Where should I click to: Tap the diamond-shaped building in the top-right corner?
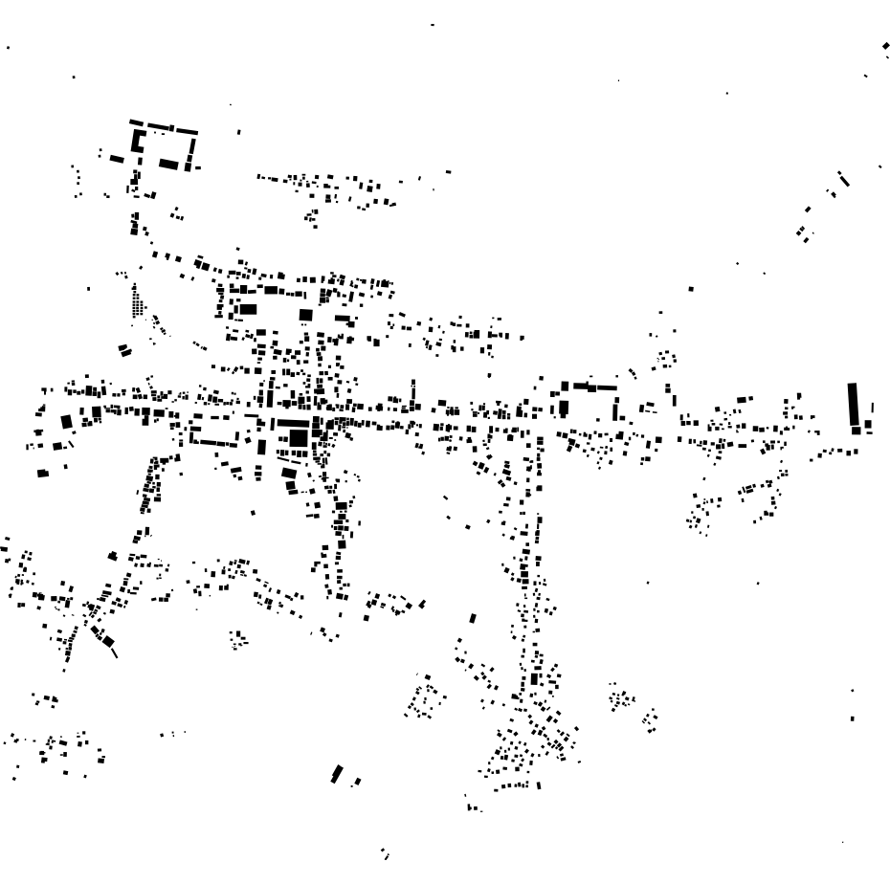click(x=885, y=45)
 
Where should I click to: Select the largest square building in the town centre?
click(x=299, y=437)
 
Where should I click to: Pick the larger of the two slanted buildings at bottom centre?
click(x=336, y=773)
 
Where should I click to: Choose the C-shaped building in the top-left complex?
click(x=137, y=142)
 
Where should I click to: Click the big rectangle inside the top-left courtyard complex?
click(x=168, y=164)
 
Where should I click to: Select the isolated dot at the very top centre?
click(x=433, y=24)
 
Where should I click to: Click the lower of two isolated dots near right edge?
click(x=853, y=718)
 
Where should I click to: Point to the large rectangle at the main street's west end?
click(x=66, y=421)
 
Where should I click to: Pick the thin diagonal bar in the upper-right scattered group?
click(x=843, y=178)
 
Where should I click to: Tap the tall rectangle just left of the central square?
click(x=261, y=446)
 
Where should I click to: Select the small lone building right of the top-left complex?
click(x=238, y=132)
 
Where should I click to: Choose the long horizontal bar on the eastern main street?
click(x=593, y=387)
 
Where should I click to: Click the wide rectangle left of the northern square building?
click(x=248, y=309)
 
